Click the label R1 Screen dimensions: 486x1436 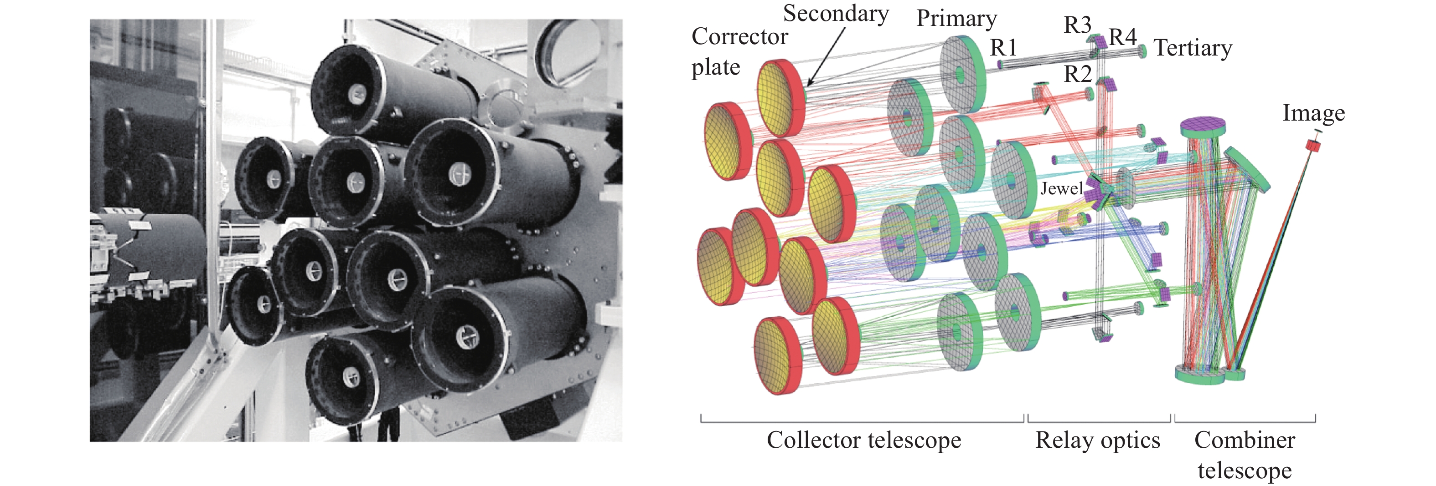pyautogui.click(x=1003, y=48)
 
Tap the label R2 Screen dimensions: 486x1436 pyautogui.click(x=1078, y=73)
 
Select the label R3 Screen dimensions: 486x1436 pyautogui.click(x=1077, y=25)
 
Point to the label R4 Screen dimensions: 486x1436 pyautogui.click(x=1122, y=37)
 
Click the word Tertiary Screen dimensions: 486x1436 pyautogui.click(x=1193, y=48)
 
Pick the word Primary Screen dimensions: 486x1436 pyautogui.click(x=956, y=18)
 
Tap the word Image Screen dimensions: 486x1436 pyautogui.click(x=1313, y=113)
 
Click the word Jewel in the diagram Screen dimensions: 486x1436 pyautogui.click(x=1061, y=189)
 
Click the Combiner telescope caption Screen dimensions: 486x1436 pyautogui.click(x=1244, y=456)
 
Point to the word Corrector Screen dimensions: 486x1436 pyautogui.click(x=739, y=37)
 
